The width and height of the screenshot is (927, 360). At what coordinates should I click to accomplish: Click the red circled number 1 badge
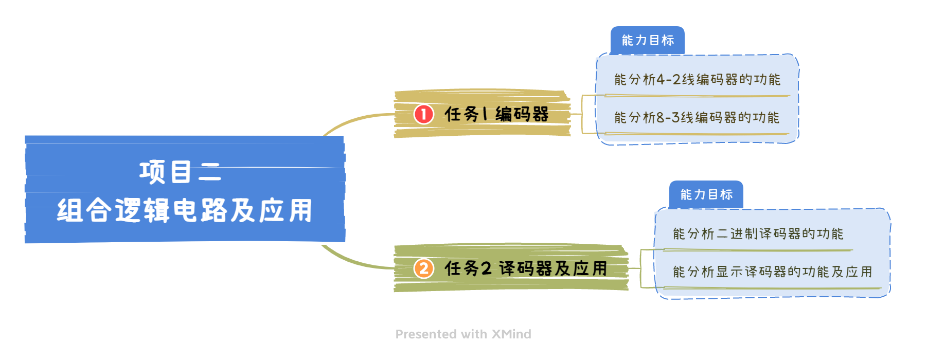[x=424, y=114]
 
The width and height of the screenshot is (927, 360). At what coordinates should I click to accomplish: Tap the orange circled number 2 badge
[x=424, y=268]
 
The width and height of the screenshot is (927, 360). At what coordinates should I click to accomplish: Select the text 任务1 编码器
[x=496, y=114]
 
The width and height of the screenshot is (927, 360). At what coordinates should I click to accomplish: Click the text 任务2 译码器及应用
[x=526, y=268]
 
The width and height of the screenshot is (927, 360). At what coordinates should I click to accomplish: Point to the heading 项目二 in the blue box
[x=180, y=172]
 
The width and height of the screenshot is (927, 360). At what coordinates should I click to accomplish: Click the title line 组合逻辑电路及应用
[x=185, y=210]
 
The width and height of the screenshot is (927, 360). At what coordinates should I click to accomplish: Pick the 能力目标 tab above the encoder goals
[x=648, y=40]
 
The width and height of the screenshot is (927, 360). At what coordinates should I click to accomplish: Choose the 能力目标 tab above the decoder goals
[x=706, y=194]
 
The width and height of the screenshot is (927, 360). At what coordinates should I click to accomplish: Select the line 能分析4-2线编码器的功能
[x=697, y=80]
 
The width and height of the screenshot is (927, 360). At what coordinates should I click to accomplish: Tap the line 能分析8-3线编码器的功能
[x=697, y=118]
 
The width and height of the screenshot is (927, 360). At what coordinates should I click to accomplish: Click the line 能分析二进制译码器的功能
[x=758, y=234]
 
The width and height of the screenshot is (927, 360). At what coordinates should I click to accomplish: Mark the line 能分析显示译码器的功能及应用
[x=772, y=272]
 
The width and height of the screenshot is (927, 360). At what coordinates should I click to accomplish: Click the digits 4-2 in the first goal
[x=668, y=80]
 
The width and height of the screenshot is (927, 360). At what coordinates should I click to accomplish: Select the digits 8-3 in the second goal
[x=668, y=118]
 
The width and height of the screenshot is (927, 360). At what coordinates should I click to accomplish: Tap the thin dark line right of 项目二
[x=278, y=167]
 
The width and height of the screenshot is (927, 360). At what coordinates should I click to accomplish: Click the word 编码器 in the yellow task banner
[x=522, y=114]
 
